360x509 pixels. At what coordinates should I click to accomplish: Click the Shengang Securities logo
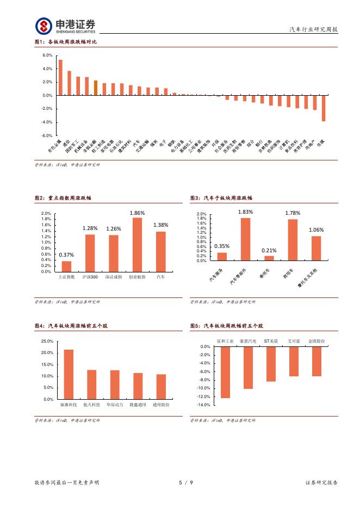[65, 26]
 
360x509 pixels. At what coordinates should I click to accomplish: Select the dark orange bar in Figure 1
[96, 88]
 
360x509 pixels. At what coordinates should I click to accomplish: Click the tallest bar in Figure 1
[60, 77]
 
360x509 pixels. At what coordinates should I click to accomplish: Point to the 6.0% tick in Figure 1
[47, 55]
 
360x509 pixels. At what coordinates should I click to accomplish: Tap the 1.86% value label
[137, 213]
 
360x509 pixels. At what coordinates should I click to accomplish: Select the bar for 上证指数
[66, 266]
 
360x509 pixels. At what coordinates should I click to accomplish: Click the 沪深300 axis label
[90, 277]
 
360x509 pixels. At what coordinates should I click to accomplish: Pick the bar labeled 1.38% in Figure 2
[160, 251]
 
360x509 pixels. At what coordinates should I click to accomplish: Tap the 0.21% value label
[269, 250]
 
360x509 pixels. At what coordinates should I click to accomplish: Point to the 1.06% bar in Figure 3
[316, 249]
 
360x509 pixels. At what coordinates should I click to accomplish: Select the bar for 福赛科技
[69, 374]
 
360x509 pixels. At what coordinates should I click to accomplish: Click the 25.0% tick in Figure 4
[47, 341]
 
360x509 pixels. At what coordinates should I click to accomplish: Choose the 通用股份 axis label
[161, 405]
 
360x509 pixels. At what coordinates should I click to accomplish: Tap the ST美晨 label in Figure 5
[271, 340]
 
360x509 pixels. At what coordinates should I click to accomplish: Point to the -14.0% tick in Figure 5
[203, 405]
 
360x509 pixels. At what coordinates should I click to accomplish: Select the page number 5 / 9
[185, 482]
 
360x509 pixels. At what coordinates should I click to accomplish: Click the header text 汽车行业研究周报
[313, 30]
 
